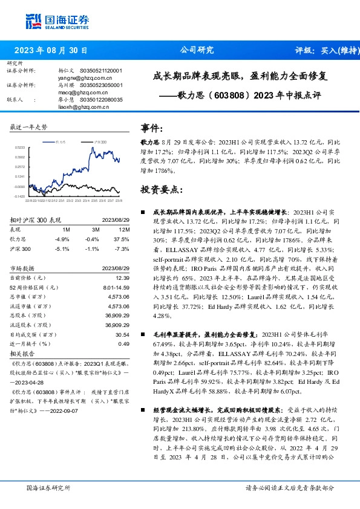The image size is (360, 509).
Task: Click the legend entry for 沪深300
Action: pyautogui.click(x=100, y=141)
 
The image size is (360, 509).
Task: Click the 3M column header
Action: pyautogui.click(x=96, y=230)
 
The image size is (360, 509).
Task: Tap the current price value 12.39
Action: pyautogui.click(x=123, y=276)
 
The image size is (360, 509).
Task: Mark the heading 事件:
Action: pyautogui.click(x=151, y=128)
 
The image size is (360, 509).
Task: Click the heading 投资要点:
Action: pyautogui.click(x=161, y=190)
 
